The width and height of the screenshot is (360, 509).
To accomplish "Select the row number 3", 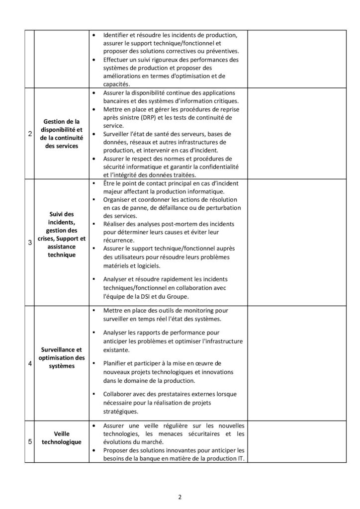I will tap(29, 243).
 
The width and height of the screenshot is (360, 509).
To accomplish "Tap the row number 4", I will tap(29, 362).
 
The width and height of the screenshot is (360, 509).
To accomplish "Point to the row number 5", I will tap(29, 440).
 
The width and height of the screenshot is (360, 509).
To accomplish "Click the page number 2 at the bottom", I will tap(180, 496).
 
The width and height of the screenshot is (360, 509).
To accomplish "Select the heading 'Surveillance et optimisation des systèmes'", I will tap(61, 358).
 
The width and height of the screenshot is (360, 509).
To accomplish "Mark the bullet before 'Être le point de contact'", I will tap(94, 184).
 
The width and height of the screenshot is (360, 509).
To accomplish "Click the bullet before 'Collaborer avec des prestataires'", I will tap(94, 394).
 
